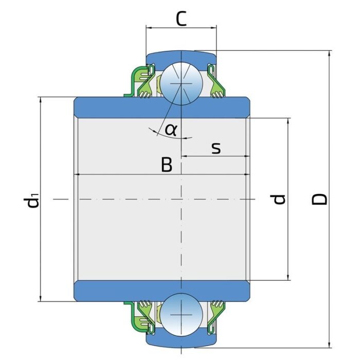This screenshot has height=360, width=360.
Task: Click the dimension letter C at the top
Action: [x=181, y=19]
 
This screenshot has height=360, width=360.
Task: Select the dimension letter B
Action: [x=166, y=165]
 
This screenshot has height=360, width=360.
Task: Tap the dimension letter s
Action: [x=216, y=148]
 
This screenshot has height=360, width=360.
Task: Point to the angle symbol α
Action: [x=171, y=129]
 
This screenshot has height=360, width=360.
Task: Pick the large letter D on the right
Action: [x=321, y=200]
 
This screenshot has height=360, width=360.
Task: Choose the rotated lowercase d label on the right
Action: [x=279, y=199]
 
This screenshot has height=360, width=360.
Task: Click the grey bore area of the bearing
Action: [x=129, y=226]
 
